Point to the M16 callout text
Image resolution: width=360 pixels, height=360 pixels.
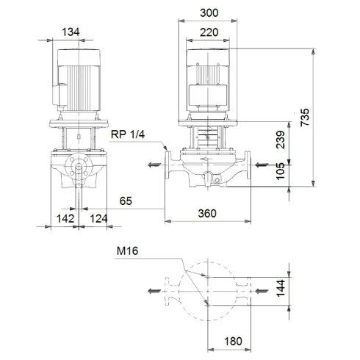click(x=128, y=251)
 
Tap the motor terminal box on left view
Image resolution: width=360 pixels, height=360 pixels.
click(x=54, y=93)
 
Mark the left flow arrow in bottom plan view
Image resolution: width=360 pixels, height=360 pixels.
click(x=154, y=291)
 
